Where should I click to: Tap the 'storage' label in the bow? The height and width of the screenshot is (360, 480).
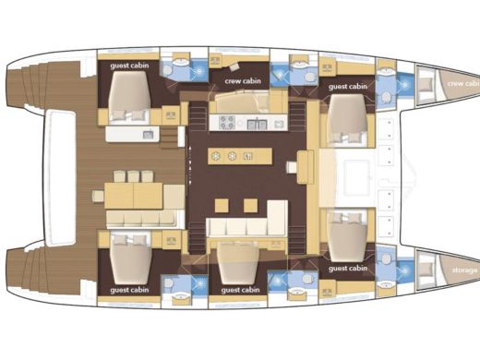[x=464, y=270]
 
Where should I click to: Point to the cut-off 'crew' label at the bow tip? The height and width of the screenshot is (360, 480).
[x=463, y=83]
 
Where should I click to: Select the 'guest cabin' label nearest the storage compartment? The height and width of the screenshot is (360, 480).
[x=348, y=268]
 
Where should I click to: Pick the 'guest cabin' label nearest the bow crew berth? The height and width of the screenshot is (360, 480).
[x=348, y=87]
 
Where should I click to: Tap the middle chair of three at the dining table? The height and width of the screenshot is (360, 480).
[x=133, y=175]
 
